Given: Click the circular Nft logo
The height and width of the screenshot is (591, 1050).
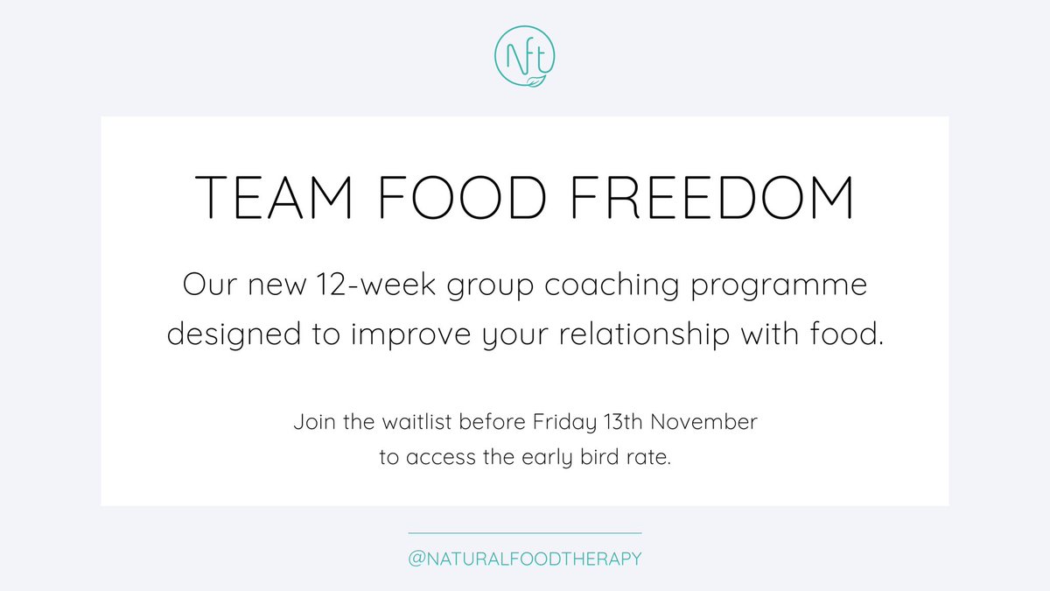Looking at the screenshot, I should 525,59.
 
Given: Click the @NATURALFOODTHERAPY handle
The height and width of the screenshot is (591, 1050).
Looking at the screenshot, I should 525,559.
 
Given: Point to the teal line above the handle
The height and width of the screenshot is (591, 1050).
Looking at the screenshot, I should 525,532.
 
